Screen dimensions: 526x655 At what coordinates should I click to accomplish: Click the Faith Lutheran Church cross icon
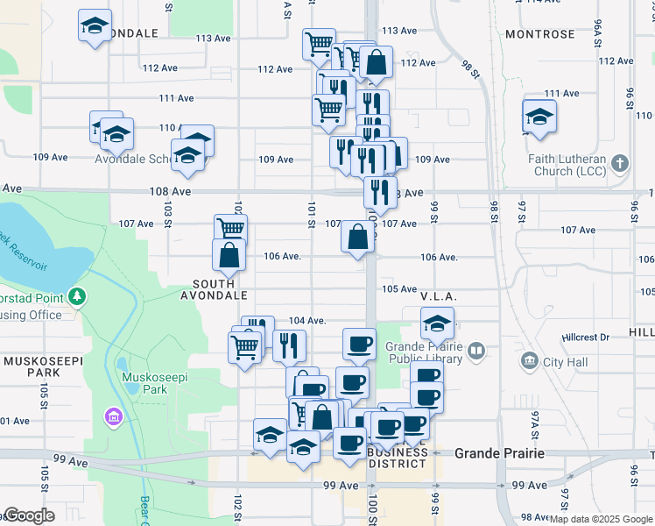[x=620, y=163]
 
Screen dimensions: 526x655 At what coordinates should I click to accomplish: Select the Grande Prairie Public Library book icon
[x=476, y=352]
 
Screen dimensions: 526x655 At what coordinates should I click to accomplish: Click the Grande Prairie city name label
[x=499, y=453]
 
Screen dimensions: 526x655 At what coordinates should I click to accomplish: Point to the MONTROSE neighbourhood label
[x=539, y=34]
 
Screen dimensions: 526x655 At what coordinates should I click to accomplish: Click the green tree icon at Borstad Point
[x=79, y=296]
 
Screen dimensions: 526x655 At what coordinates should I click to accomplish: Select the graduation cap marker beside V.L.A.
[x=437, y=324]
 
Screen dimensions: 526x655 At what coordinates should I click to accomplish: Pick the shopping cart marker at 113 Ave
[x=319, y=42]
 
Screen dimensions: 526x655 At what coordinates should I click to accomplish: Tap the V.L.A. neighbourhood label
[x=439, y=296]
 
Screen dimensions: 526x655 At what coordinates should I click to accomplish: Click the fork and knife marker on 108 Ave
[x=379, y=189]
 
